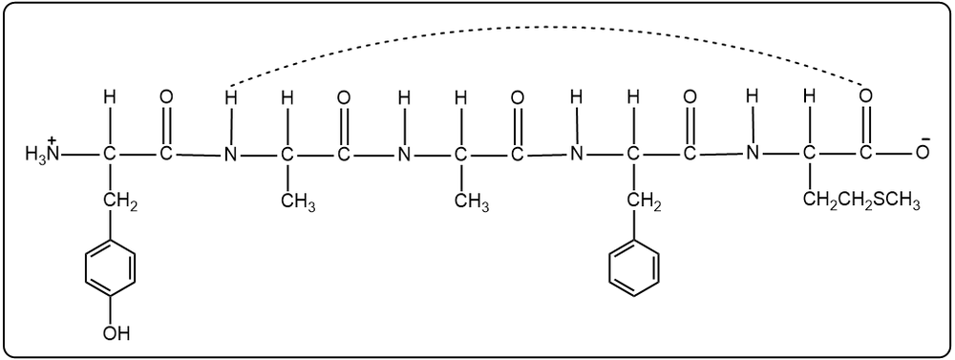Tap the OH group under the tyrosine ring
point(117,333)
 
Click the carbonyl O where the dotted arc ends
point(865,96)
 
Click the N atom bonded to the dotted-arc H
point(228,154)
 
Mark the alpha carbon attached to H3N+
point(111,154)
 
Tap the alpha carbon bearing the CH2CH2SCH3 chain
point(809,154)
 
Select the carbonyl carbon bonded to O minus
point(865,154)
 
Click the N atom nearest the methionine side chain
point(753,154)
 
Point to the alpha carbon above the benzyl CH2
point(632,154)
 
